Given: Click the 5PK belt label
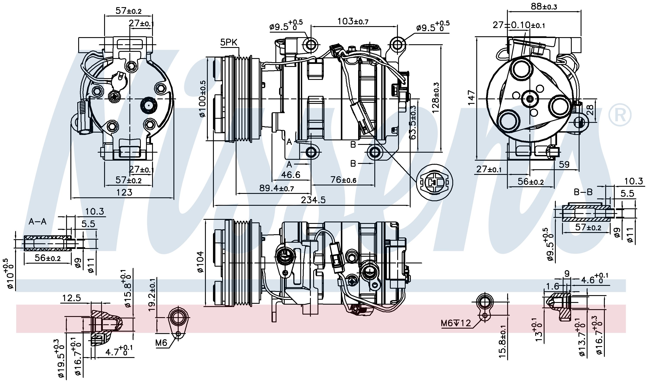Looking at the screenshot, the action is point(229,42).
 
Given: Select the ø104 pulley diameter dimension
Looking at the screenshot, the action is point(201,262).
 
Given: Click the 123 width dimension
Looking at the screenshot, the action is point(124,192).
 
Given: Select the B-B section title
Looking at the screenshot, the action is point(583,192).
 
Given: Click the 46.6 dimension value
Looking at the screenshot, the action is point(291,175).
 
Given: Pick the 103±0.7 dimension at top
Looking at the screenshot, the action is point(353,21).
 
